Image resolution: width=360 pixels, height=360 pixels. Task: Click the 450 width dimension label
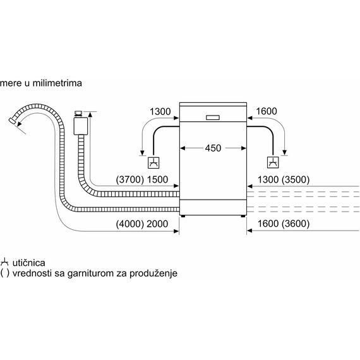point(213,148)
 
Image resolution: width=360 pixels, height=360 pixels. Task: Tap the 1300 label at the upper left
point(160,112)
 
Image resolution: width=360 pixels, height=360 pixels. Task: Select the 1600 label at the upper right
point(267,111)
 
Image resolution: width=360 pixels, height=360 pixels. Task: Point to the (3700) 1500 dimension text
point(142,179)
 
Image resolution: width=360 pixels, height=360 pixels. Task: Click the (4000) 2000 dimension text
point(142,224)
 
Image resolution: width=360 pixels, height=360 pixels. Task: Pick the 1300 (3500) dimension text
point(284,179)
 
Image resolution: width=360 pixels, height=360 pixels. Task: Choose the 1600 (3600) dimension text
point(284,224)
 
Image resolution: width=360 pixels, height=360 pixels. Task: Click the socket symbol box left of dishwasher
point(153,162)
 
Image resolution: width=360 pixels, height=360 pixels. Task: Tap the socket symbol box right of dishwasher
point(273,162)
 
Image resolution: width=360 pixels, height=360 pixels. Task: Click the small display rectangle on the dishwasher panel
point(213,117)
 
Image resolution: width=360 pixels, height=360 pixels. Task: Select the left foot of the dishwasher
point(183,216)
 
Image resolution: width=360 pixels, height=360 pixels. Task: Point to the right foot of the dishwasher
point(243,216)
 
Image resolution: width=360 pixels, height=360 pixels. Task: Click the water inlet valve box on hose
point(81,126)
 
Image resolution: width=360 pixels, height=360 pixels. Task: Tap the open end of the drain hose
point(12,121)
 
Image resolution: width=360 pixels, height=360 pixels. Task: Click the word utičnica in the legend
point(28,263)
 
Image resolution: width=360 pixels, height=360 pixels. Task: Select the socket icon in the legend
point(4,263)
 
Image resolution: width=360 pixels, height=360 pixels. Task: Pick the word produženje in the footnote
point(153,273)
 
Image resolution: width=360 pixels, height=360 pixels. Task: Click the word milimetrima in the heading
point(57,83)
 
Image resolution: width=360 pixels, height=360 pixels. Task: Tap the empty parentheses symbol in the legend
point(5,273)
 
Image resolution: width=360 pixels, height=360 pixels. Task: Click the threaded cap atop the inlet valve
point(79,114)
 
